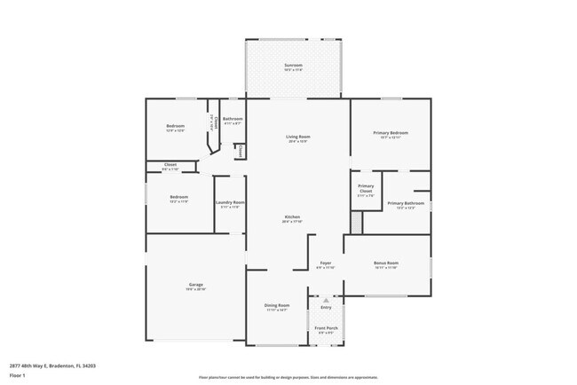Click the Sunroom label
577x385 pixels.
[293, 65]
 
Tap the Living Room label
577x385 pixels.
[297, 137]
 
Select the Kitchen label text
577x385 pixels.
[292, 217]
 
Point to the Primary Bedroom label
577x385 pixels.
[391, 133]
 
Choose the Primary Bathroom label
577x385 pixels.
[406, 203]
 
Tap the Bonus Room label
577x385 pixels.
[386, 263]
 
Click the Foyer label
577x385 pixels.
[326, 263]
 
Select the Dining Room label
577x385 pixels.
[277, 305]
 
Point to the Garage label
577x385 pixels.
[195, 285]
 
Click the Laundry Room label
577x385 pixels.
[230, 202]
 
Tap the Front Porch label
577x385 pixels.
[326, 328]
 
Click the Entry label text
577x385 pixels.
[326, 307]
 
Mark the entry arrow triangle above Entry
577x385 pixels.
[326, 300]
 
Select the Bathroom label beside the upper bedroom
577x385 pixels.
[233, 119]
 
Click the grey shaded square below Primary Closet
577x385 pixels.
[357, 224]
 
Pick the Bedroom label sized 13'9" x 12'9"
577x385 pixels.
[176, 126]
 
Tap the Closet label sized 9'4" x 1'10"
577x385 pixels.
[170, 164]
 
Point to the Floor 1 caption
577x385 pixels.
[17, 375]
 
